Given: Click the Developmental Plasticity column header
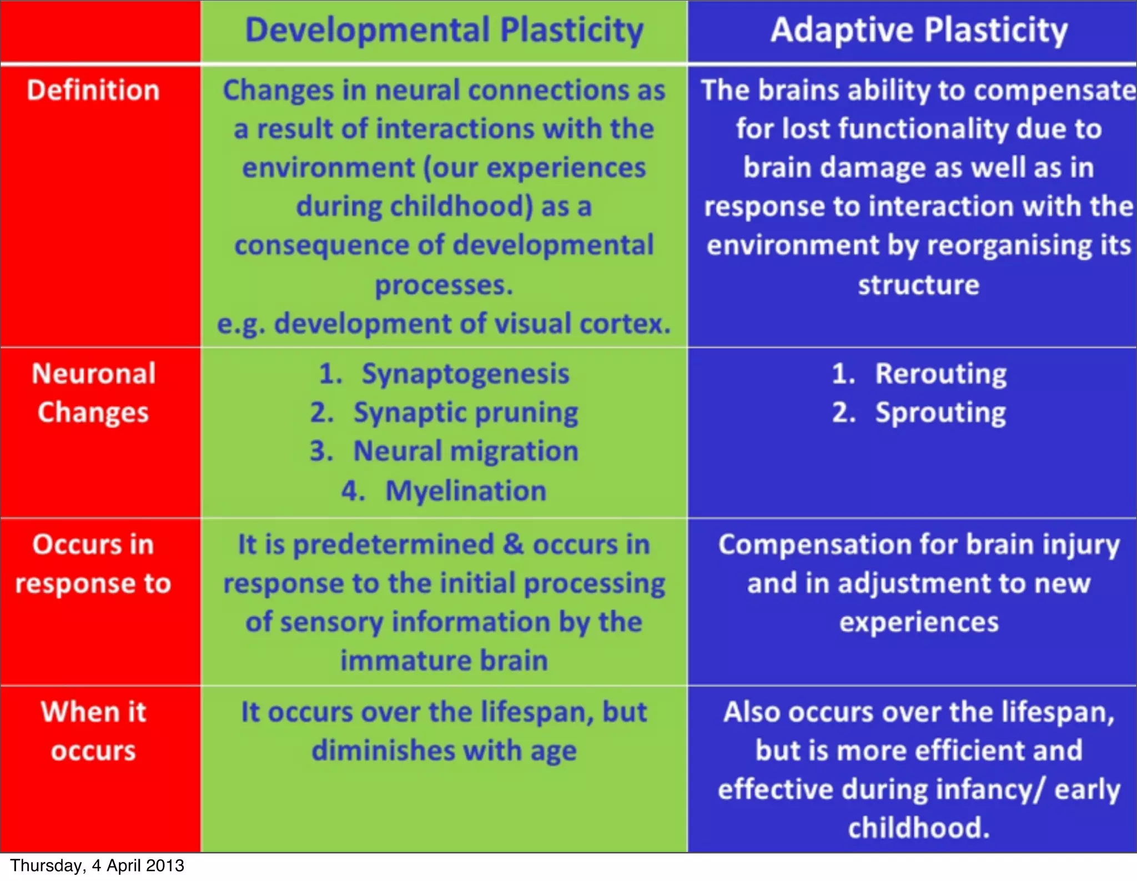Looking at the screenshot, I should pyautogui.click(x=444, y=31).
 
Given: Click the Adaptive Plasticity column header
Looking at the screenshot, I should pyautogui.click(x=919, y=31).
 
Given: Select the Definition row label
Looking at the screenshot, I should pyautogui.click(x=93, y=90).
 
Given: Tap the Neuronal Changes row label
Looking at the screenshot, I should pyautogui.click(x=93, y=393).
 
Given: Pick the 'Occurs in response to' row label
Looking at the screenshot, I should pyautogui.click(x=93, y=563).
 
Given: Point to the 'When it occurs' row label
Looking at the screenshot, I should pyautogui.click(x=93, y=731).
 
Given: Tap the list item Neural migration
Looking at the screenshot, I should pyautogui.click(x=465, y=451).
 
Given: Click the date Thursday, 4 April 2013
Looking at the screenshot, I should pyautogui.click(x=97, y=865).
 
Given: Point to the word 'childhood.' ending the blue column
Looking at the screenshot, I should pyautogui.click(x=919, y=828).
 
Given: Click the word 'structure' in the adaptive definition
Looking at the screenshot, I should pyautogui.click(x=919, y=285).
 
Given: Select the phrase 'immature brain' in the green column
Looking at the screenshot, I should pyautogui.click(x=444, y=661).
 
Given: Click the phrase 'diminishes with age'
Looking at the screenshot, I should pyautogui.click(x=444, y=751).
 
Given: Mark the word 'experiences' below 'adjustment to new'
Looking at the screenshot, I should pyautogui.click(x=919, y=622).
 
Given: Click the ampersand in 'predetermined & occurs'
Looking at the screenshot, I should pyautogui.click(x=513, y=544).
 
